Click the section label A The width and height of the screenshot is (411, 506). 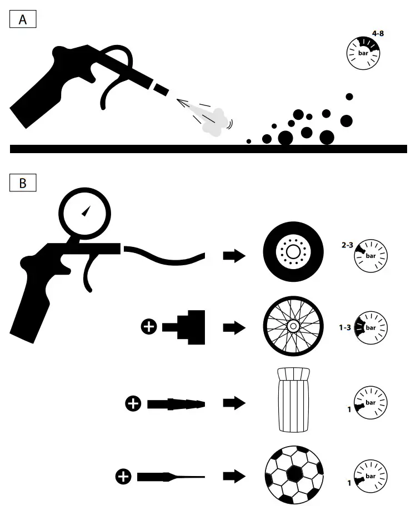pos(23,20)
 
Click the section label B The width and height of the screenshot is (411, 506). pos(23,183)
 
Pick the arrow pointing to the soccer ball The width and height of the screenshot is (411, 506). pos(234,476)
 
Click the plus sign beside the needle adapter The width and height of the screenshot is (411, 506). pos(123,476)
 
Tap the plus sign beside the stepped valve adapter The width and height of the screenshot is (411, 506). pos(148,328)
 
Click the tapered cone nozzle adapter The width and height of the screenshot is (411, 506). pos(176,404)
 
